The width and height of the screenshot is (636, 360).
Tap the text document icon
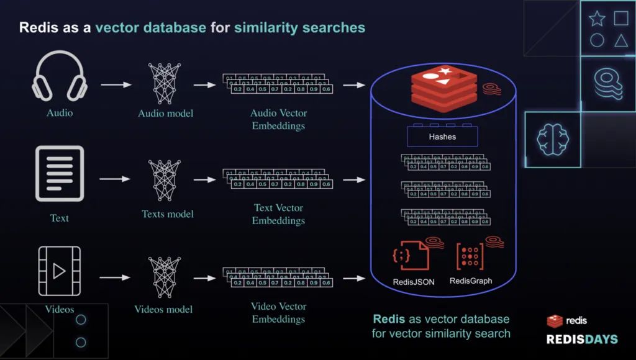(59, 173)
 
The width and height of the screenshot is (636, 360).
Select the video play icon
(59, 271)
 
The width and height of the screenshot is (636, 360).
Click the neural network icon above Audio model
(165, 83)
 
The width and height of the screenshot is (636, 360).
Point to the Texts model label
(168, 214)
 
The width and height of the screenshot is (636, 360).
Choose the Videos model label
(163, 309)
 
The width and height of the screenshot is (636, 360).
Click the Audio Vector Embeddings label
(278, 119)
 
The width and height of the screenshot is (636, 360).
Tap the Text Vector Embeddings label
(278, 214)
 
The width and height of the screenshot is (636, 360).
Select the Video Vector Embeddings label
(278, 313)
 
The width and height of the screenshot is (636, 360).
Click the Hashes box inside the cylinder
(442, 137)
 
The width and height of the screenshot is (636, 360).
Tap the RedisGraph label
(471, 281)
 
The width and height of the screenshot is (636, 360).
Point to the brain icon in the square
(553, 140)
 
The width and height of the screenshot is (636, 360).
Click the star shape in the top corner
(597, 19)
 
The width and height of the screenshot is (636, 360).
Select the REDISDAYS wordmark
(582, 340)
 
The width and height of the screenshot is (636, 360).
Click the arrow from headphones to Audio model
(116, 84)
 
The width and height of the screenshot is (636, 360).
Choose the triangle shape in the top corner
(620, 41)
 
